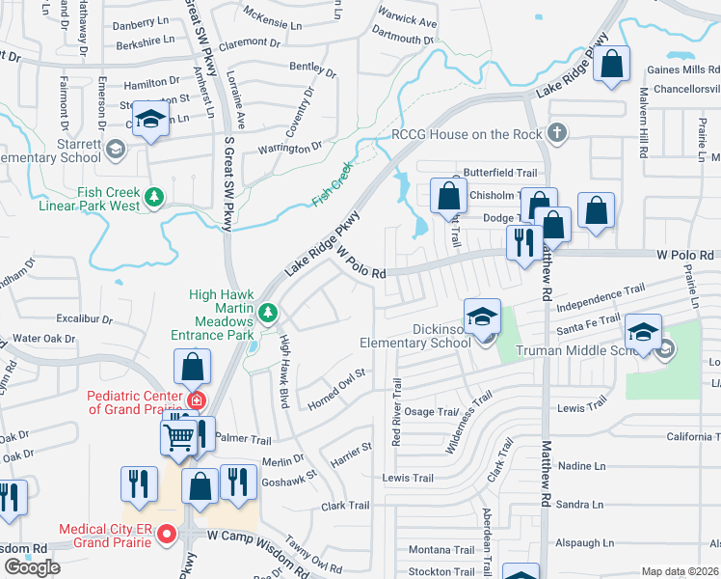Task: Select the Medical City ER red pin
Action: [x=167, y=533]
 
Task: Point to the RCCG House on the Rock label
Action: [x=467, y=134]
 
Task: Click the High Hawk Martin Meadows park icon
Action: [x=269, y=312]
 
